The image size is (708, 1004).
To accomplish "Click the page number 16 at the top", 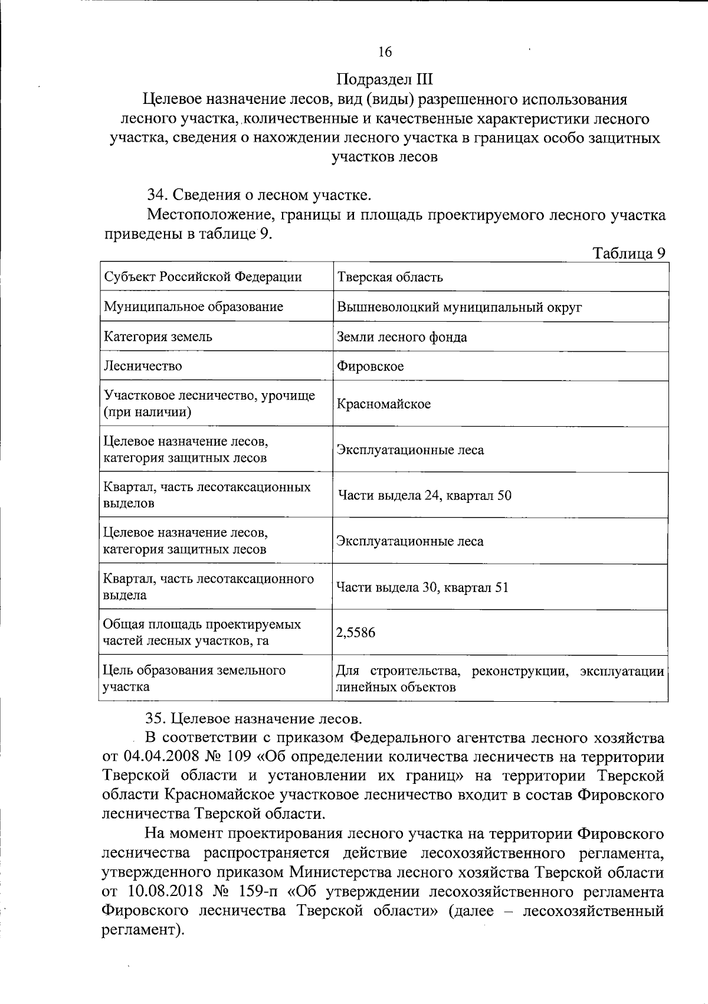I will (385, 52).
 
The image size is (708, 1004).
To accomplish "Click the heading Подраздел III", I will (385, 79).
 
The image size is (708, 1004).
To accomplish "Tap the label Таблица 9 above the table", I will (629, 253).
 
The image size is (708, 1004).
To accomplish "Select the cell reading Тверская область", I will (389, 277).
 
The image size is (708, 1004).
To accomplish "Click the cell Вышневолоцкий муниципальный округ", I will (459, 307).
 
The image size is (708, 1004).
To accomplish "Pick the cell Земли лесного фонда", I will (401, 337).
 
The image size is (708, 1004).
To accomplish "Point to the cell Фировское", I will (370, 367).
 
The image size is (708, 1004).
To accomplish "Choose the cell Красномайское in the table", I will (383, 404).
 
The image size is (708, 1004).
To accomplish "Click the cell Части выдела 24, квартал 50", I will (424, 495).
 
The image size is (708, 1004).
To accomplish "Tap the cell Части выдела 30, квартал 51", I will (422, 587).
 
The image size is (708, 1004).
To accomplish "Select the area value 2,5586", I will (355, 633).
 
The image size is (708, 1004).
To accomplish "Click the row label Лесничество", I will (143, 366).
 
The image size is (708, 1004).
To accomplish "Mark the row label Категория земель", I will (158, 337).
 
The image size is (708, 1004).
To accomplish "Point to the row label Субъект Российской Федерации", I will (202, 277).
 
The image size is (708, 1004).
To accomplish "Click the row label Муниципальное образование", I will (193, 307).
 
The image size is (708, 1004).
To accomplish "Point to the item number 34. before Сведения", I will (158, 195).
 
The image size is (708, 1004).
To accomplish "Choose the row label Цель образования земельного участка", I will (194, 678).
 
